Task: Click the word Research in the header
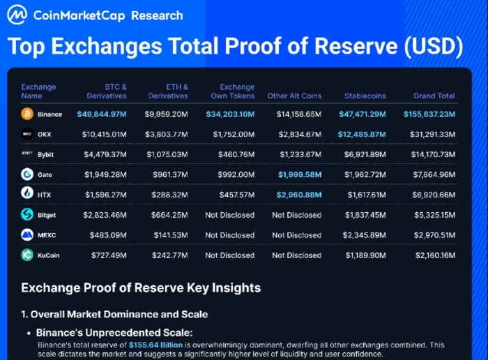tap(157, 15)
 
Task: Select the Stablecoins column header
tap(366, 96)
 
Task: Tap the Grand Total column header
tap(434, 96)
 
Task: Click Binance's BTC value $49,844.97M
tap(102, 114)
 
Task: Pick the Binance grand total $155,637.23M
tap(429, 114)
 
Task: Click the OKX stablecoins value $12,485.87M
tap(367, 134)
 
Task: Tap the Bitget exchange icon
tap(27, 215)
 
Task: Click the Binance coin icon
tap(27, 114)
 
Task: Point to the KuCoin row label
tap(49, 255)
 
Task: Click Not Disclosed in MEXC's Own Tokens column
tap(229, 235)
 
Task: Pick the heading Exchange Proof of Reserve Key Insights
tap(141, 287)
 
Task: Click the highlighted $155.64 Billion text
tap(155, 345)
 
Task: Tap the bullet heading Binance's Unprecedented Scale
tap(114, 333)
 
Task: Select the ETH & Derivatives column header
tap(167, 91)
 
